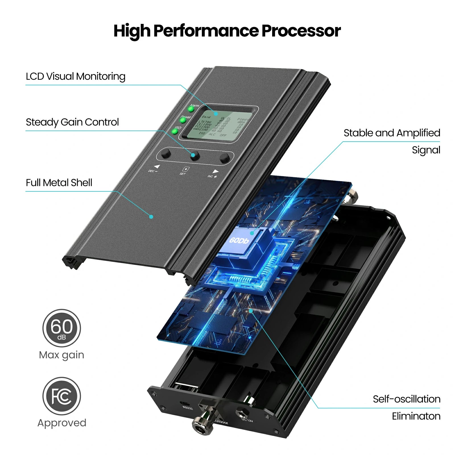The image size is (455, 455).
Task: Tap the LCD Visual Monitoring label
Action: point(75,76)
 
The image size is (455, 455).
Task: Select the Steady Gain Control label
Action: point(72,122)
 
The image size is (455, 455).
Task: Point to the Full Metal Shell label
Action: point(59,183)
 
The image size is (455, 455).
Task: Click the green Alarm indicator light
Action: point(191,109)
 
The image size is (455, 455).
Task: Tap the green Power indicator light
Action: point(183,120)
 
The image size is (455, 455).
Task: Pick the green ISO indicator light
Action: point(175,131)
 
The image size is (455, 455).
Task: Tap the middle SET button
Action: point(195,155)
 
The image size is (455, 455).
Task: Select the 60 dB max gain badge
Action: point(62,328)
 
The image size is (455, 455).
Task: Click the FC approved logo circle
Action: point(62,396)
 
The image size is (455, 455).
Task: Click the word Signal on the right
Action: point(426,150)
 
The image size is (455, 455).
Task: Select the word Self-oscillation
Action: point(406,399)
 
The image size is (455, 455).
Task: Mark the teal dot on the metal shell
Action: point(151,217)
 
